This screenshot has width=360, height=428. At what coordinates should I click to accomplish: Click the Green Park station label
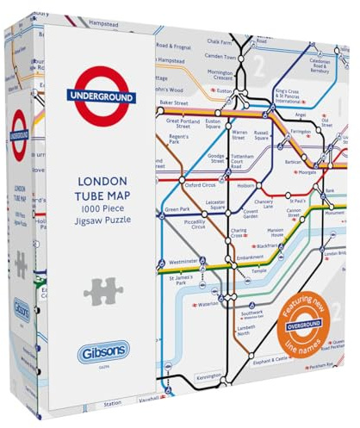click(177, 209)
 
